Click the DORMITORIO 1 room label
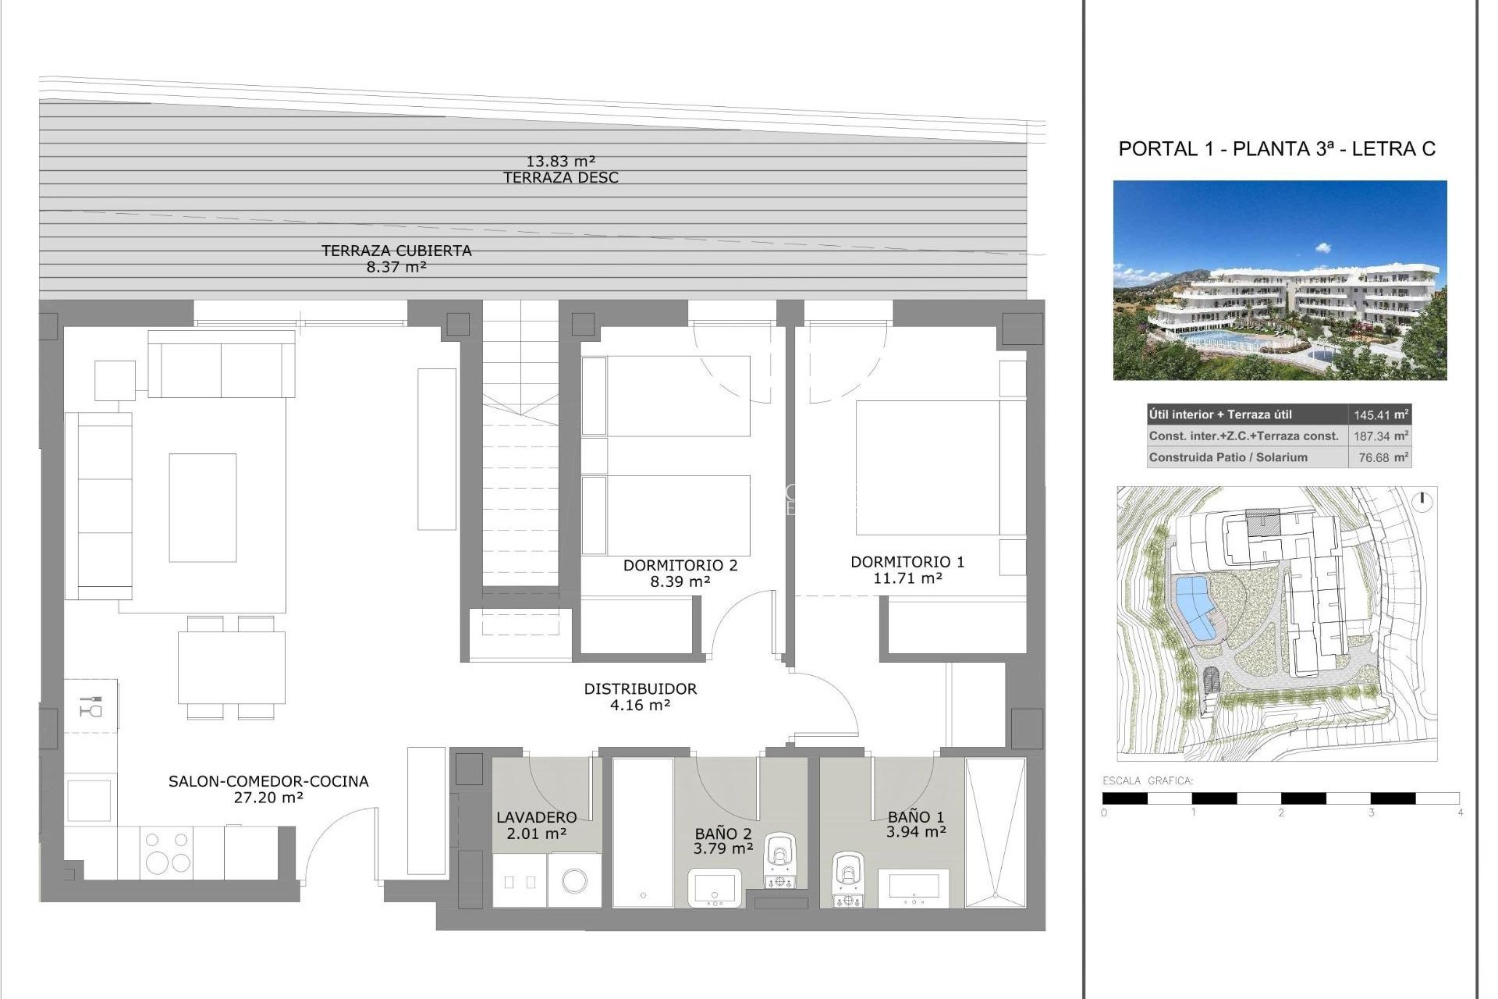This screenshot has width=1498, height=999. click(x=907, y=562)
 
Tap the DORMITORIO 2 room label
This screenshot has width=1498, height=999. click(x=680, y=565)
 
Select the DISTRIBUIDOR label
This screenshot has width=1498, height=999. click(x=640, y=689)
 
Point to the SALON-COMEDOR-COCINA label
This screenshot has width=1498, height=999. click(x=268, y=781)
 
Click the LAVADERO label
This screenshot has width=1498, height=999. click(x=537, y=817)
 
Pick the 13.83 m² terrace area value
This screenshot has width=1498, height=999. click(x=561, y=162)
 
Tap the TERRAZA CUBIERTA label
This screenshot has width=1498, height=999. click(x=396, y=251)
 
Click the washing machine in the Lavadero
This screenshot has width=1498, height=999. click(x=575, y=880)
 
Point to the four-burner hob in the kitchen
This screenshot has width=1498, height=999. click(x=169, y=852)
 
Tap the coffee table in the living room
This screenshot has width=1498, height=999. click(x=203, y=507)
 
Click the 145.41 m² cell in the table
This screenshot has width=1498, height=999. click(x=1379, y=415)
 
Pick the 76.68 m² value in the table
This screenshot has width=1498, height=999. click(x=1379, y=458)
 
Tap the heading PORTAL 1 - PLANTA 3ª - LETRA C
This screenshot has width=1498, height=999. click(x=1276, y=149)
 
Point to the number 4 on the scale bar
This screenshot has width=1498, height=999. click(x=1460, y=812)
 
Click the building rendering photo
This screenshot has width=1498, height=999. click(x=1280, y=281)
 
